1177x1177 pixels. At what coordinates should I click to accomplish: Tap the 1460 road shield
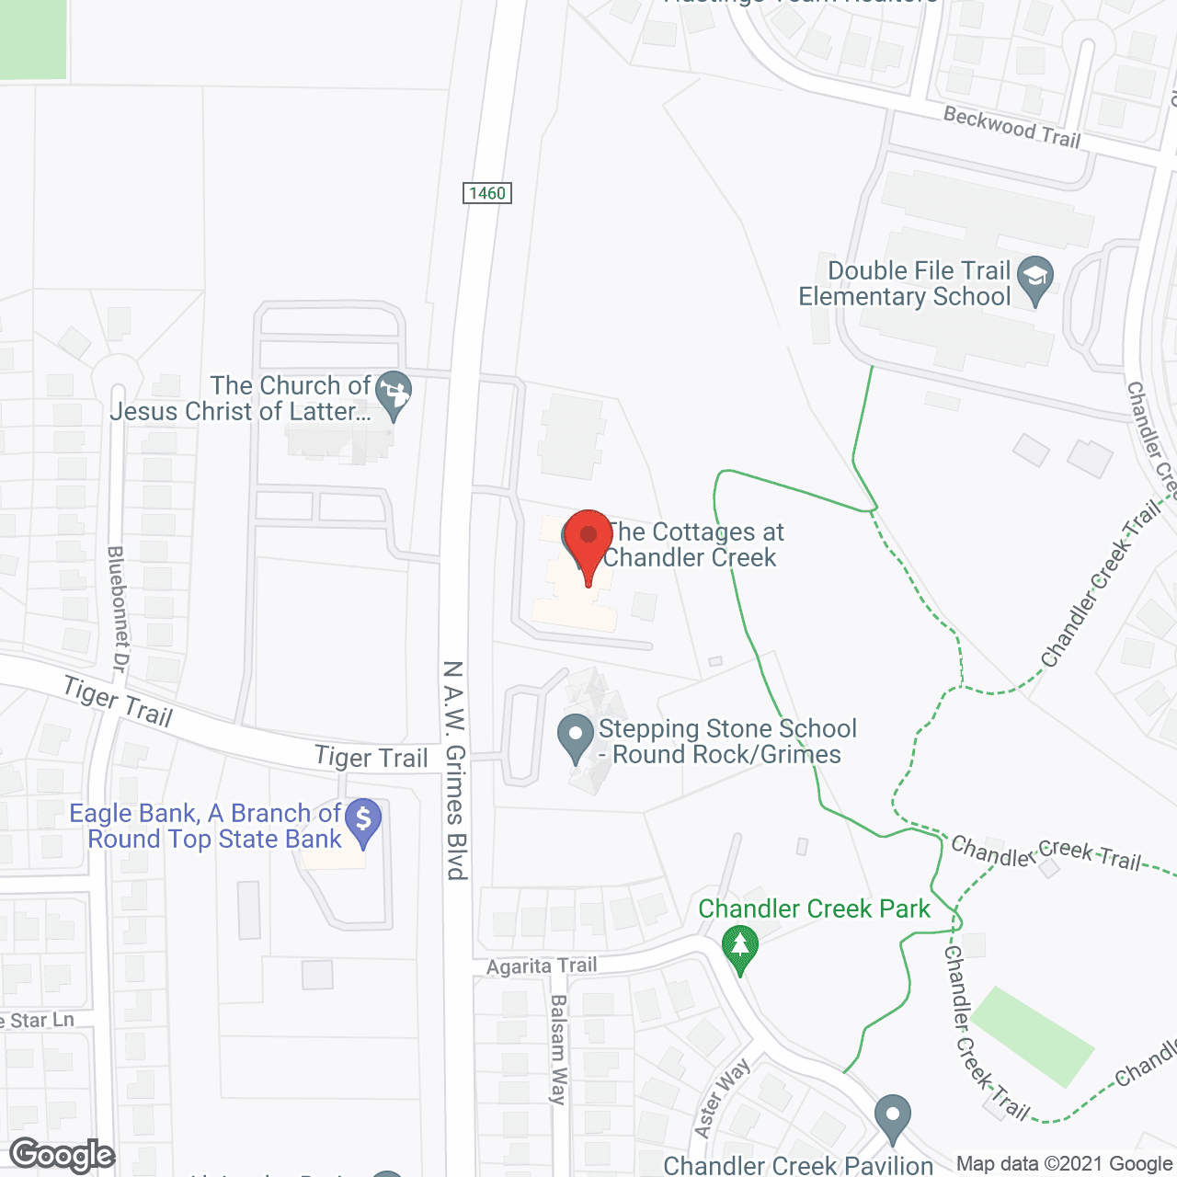click(x=486, y=193)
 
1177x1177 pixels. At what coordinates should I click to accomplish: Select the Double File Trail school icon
click(x=1036, y=278)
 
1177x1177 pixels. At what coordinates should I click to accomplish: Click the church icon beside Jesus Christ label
click(x=394, y=394)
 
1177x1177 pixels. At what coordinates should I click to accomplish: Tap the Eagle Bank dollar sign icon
click(x=363, y=820)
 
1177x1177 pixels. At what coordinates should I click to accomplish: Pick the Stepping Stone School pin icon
click(x=577, y=737)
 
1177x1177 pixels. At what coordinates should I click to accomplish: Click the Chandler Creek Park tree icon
click(x=740, y=947)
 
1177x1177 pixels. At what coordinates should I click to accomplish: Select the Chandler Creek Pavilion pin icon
click(x=892, y=1117)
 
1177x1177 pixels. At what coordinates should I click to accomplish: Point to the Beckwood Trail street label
click(x=1011, y=127)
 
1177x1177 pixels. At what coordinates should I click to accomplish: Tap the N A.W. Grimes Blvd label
click(x=455, y=770)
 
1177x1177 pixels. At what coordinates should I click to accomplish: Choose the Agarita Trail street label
click(x=542, y=966)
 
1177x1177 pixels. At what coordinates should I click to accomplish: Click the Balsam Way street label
click(x=558, y=1048)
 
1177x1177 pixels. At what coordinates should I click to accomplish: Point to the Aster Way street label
click(x=723, y=1097)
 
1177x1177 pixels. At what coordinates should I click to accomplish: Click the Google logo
click(x=63, y=1155)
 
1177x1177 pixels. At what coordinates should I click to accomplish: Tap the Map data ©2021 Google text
click(x=1064, y=1164)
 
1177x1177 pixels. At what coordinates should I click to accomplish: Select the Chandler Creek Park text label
click(x=814, y=908)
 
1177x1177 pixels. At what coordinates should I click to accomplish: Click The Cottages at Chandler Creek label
click(x=691, y=544)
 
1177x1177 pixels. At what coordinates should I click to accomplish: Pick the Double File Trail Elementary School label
click(x=905, y=283)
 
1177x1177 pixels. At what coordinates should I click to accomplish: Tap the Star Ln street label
click(x=37, y=1021)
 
